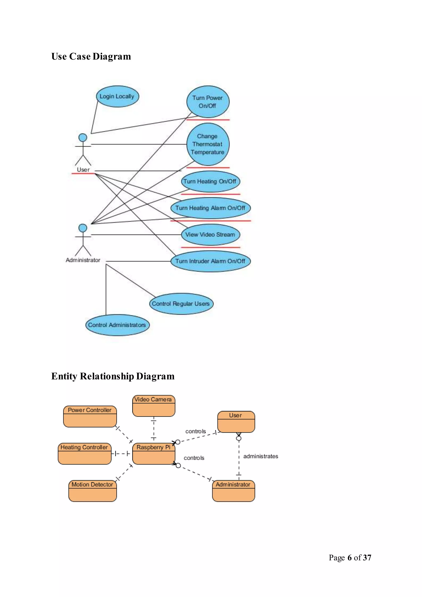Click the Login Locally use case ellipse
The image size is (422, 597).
117,96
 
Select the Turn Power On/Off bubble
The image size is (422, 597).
208,102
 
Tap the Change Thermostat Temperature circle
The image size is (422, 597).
208,144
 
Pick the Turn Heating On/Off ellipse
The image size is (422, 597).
210,181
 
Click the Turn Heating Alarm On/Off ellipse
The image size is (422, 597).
210,208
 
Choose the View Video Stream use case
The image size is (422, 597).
210,235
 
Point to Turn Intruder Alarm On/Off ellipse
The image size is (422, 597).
210,261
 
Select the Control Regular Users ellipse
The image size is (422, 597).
181,304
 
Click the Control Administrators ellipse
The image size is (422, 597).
117,325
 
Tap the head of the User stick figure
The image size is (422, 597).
83,137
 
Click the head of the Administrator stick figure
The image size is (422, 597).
83,228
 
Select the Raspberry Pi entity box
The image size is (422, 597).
154,454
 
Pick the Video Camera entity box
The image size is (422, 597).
154,406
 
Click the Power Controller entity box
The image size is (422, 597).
90,416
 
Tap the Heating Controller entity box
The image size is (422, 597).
84,454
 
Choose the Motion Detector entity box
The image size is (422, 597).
92,491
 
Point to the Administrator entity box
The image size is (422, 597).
233,491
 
